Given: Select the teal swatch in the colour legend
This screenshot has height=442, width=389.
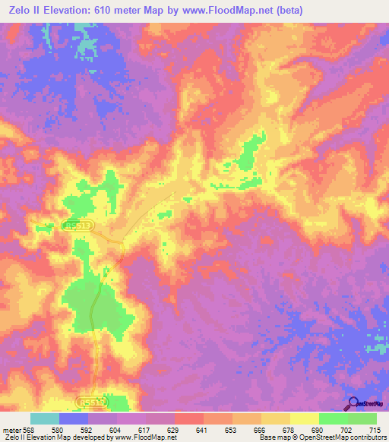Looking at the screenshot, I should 45,418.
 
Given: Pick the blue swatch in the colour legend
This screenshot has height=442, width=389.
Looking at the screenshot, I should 74,418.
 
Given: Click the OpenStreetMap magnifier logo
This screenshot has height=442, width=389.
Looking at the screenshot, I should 353,403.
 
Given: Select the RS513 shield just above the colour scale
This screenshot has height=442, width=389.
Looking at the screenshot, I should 91,400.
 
